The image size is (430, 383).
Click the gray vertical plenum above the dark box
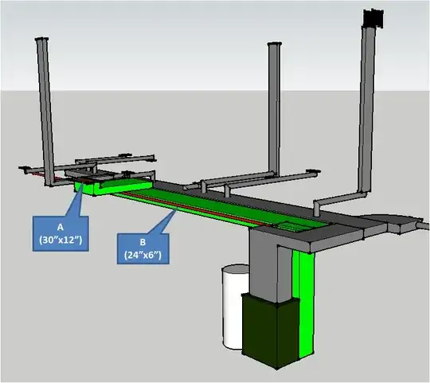(271, 263)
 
